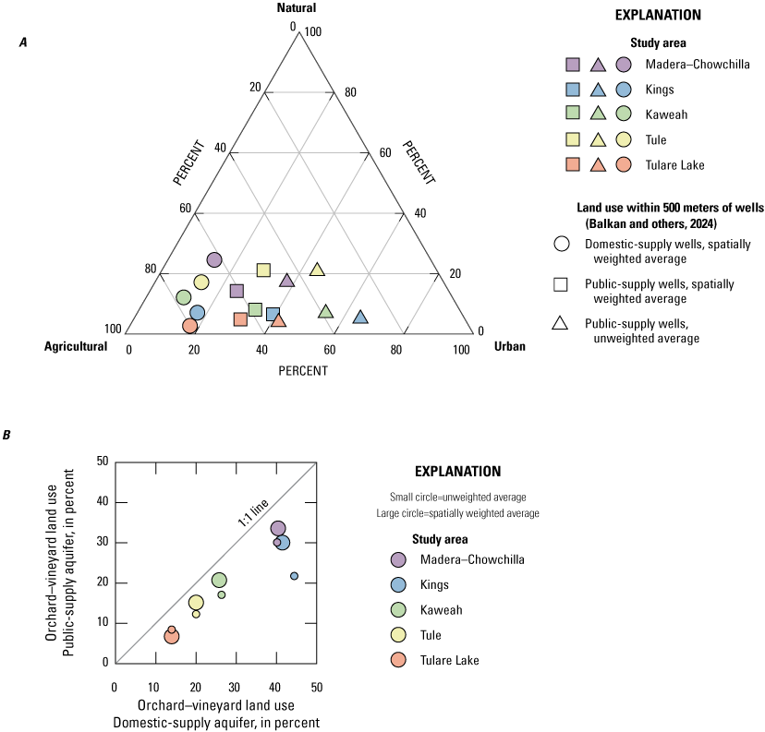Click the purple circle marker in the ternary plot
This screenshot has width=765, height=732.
tap(214, 260)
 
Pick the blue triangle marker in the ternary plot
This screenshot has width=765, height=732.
tap(360, 318)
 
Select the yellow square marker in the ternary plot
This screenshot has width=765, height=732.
tap(263, 270)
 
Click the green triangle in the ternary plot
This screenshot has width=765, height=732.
tap(325, 312)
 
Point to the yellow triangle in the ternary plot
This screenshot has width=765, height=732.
tap(317, 270)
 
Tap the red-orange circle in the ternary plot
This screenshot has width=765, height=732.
tap(189, 326)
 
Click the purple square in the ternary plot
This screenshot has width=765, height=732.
tap(237, 292)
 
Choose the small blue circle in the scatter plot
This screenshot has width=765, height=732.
tap(294, 576)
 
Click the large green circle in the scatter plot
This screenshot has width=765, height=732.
tap(219, 581)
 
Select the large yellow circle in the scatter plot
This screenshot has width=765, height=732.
tap(196, 603)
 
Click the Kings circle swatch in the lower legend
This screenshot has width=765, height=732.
tap(397, 584)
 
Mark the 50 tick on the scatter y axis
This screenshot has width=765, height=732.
tap(103, 462)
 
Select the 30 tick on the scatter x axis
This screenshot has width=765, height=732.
tap(236, 688)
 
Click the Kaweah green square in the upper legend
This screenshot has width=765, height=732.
tap(573, 115)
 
